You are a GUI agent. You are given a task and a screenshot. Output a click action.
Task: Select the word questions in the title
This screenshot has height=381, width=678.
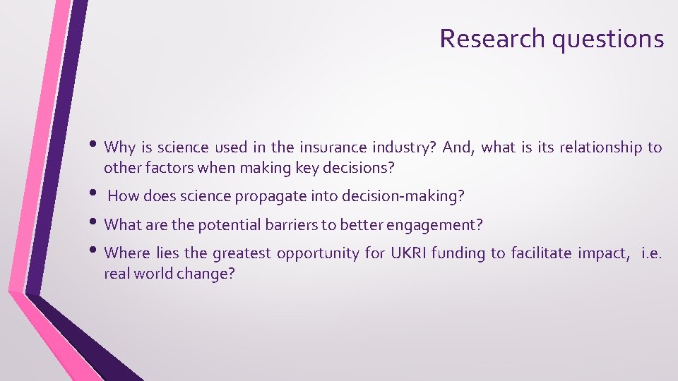click(608, 40)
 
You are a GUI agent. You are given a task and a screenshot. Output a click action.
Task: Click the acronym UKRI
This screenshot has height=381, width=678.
click(408, 253)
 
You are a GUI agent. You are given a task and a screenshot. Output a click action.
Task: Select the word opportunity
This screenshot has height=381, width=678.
click(321, 253)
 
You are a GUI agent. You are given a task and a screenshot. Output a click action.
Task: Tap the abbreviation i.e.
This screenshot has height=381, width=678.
click(651, 253)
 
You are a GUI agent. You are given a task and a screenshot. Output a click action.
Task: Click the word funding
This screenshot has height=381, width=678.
click(461, 253)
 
